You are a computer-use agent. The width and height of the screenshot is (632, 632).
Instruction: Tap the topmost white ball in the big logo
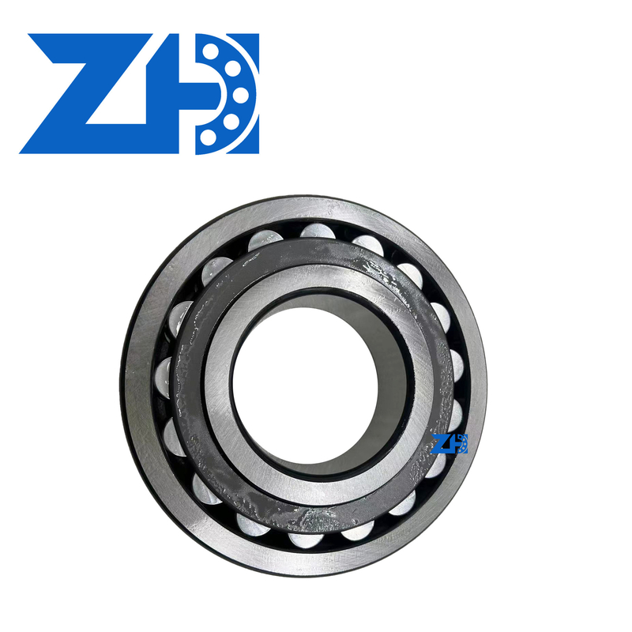(209, 51)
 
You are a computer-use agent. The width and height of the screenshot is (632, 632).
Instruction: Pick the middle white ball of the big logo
(241, 94)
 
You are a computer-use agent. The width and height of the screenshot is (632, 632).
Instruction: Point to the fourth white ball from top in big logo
(231, 120)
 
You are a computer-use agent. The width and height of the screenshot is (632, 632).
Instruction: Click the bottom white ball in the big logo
(209, 137)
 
